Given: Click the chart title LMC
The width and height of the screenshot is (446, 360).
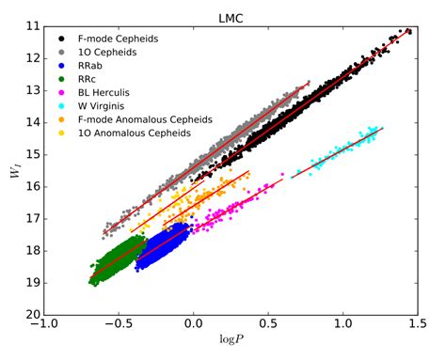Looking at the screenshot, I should (x=231, y=18).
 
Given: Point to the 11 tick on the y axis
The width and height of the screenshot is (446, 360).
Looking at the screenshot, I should (x=31, y=26).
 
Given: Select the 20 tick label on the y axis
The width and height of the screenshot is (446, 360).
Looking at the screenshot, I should (x=31, y=315).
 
